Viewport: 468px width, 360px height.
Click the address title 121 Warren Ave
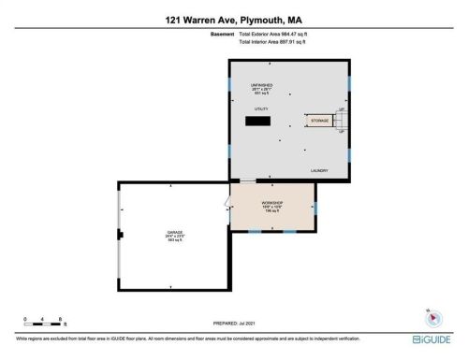[x=233, y=19]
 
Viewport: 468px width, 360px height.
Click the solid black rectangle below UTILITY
[x=258, y=121]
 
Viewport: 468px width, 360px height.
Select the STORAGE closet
[x=318, y=121]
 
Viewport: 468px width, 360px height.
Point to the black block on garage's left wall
[x=119, y=235]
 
